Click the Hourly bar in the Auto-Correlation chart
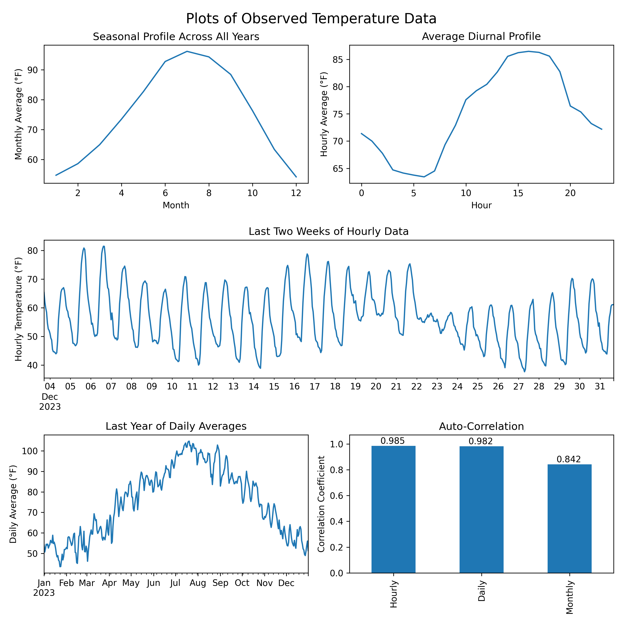click(393, 509)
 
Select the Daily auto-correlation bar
click(481, 509)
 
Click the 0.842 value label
click(569, 459)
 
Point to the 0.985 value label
click(392, 441)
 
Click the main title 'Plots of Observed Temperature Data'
click(311, 19)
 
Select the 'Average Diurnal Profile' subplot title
click(481, 36)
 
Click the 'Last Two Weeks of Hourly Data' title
click(329, 232)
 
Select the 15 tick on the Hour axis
click(518, 193)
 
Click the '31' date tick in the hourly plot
click(600, 386)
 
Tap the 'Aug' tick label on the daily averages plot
click(198, 583)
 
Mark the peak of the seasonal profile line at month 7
click(187, 51)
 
